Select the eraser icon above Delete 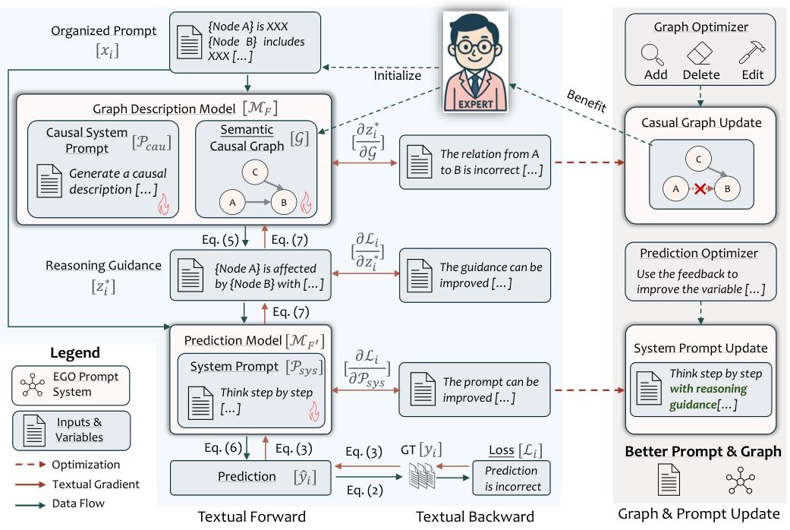click(700, 53)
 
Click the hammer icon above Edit click(752, 52)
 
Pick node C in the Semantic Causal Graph click(255, 172)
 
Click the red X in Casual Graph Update click(700, 189)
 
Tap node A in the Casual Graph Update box click(675, 189)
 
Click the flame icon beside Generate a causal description click(164, 205)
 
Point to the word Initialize click(397, 76)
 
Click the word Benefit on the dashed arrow click(587, 100)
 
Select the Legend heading click(75, 352)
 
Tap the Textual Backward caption click(474, 516)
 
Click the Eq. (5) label click(220, 239)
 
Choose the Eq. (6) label click(223, 448)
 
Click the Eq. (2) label click(364, 491)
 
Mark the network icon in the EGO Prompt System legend click(33, 385)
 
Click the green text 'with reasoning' click(708, 389)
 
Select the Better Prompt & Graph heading click(703, 451)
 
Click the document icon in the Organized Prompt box click(190, 42)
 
